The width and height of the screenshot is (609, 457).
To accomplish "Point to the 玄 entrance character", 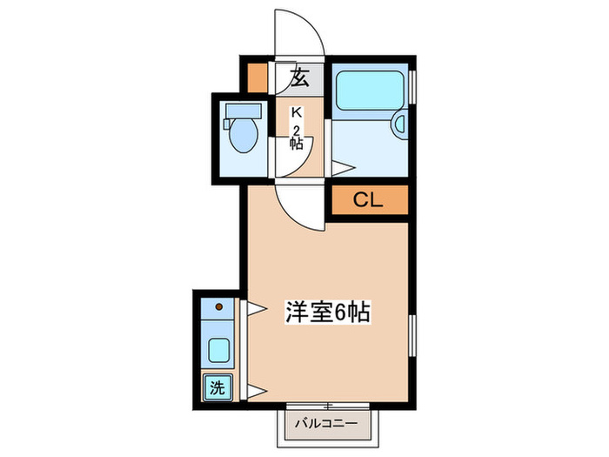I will click(x=299, y=78).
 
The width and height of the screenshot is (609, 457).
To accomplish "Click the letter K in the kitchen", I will click(x=296, y=112).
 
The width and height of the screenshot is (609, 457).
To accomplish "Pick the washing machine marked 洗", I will click(x=216, y=387).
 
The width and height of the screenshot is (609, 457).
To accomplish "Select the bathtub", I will click(x=369, y=90).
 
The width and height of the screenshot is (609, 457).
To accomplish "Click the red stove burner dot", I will click(x=219, y=307).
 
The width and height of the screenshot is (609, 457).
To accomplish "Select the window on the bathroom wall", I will click(x=414, y=87).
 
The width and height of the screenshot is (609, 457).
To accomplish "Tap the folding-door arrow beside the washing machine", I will click(x=256, y=388).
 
